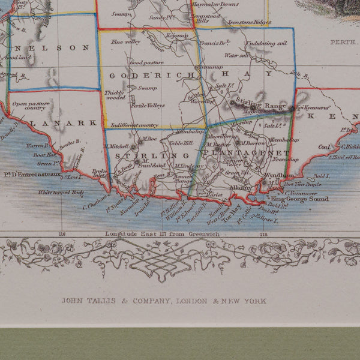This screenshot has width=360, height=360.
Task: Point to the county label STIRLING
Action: point(139,156)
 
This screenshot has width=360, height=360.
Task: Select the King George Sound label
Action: point(300,199)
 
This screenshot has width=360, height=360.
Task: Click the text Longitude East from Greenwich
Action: point(164,233)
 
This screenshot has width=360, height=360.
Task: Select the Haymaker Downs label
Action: point(232,4)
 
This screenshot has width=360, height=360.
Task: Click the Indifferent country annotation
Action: point(131,125)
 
